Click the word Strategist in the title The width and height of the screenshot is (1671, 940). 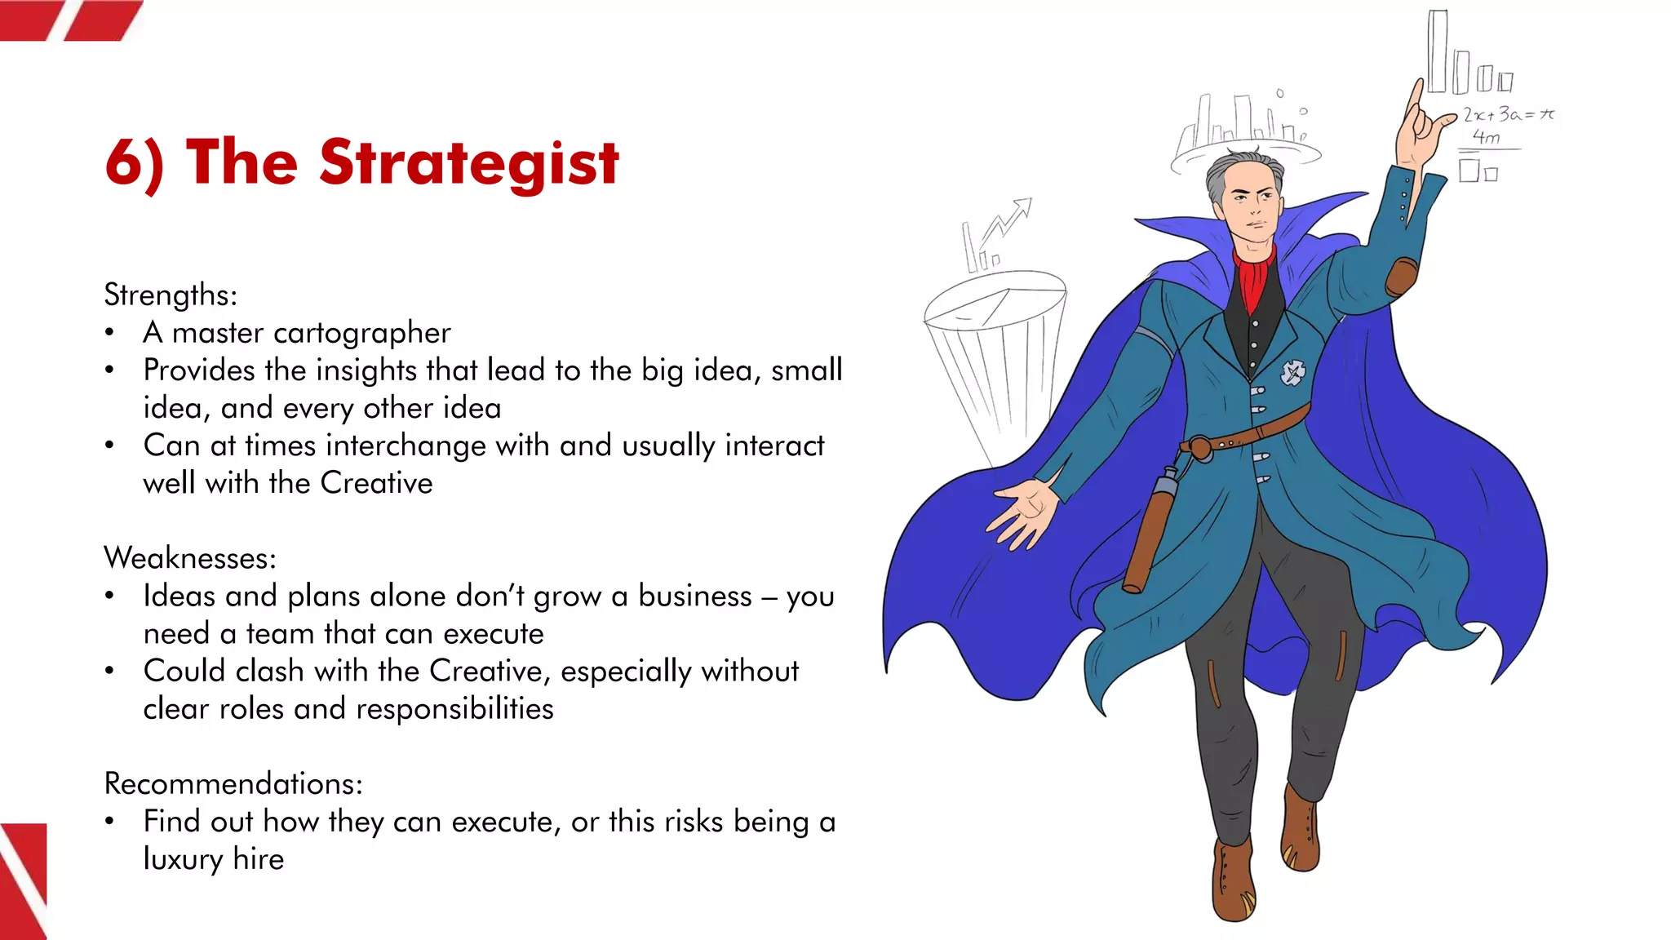pyautogui.click(x=469, y=163)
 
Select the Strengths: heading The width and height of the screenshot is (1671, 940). pyautogui.click(x=171, y=295)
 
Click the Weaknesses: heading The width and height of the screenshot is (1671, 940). pyautogui.click(x=190, y=558)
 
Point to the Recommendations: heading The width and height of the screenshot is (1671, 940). pyautogui.click(x=233, y=783)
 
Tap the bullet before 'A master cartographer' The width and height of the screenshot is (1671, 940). pyautogui.click(x=110, y=333)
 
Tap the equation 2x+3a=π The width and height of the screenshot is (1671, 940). pyautogui.click(x=1508, y=114)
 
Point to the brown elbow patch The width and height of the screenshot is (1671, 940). pyautogui.click(x=1402, y=276)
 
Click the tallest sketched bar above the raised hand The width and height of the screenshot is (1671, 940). pyautogui.click(x=1438, y=51)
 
